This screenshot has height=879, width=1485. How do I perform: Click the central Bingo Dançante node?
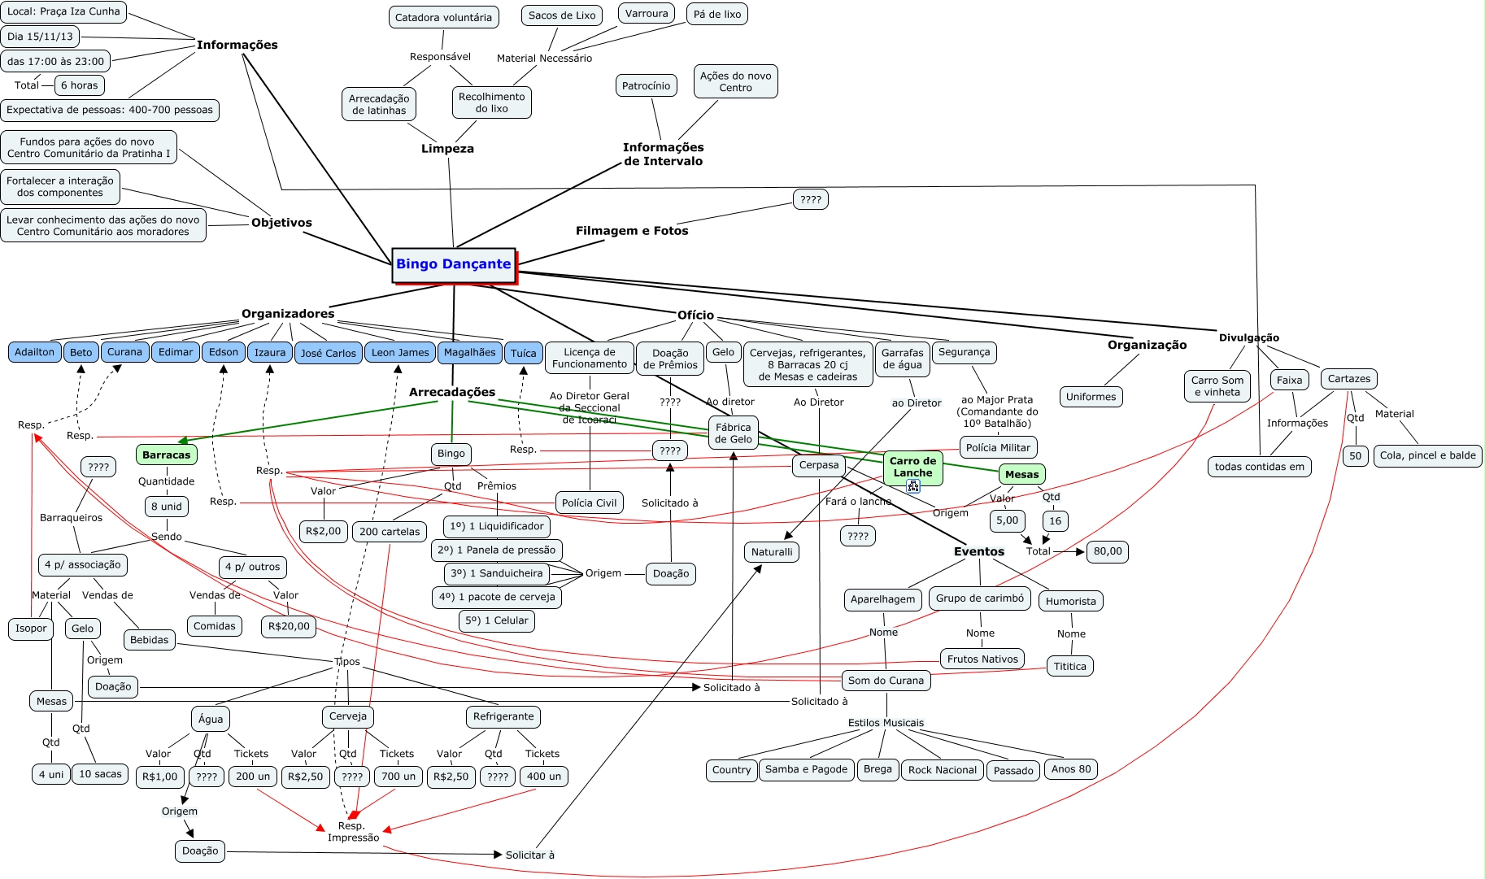pos(453,264)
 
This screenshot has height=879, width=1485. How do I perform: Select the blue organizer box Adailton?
pos(34,352)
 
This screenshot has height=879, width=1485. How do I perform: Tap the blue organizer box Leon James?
pos(400,352)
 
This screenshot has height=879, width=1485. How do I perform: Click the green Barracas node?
pos(166,455)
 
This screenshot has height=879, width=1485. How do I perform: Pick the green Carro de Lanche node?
pos(912,466)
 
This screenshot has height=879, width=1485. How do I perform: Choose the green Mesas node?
pos(1021,474)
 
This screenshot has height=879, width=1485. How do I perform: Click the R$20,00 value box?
pos(289,626)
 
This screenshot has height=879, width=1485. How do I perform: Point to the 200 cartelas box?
pos(390,532)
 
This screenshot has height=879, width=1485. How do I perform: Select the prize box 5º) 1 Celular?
pos(496,620)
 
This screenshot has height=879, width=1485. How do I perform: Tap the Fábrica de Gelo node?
pos(733,433)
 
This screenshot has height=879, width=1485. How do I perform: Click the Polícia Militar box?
pos(998,447)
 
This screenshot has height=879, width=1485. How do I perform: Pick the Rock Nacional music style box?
pos(942,770)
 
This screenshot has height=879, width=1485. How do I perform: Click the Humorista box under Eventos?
pos(1070,601)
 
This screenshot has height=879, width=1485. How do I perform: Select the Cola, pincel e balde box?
pos(1427,455)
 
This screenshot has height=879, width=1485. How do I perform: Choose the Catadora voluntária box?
pos(443,17)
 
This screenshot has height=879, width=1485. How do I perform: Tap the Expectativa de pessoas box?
pos(110,110)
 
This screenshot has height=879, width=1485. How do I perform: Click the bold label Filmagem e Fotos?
pos(632,231)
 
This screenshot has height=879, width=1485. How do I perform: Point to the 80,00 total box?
pos(1107,551)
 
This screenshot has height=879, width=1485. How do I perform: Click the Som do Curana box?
pos(886,681)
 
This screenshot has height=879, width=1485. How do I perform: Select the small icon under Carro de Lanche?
pos(912,486)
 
